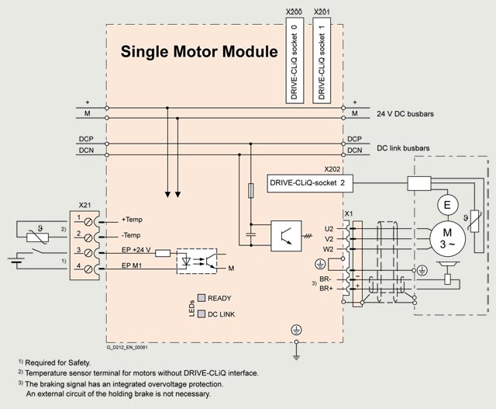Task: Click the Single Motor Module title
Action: (x=198, y=52)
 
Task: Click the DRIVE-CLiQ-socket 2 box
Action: (x=305, y=182)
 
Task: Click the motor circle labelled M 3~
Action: (x=445, y=237)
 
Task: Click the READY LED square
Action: (x=201, y=298)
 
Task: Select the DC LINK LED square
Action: (x=201, y=314)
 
